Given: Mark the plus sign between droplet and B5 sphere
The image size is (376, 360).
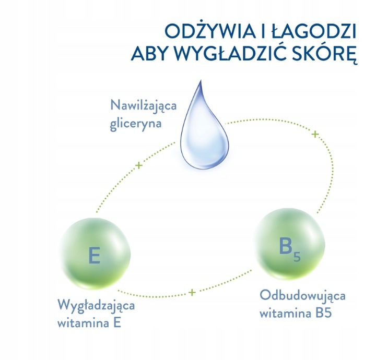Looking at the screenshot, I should [x=315, y=135].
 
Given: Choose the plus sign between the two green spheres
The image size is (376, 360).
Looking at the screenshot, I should [x=192, y=292].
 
